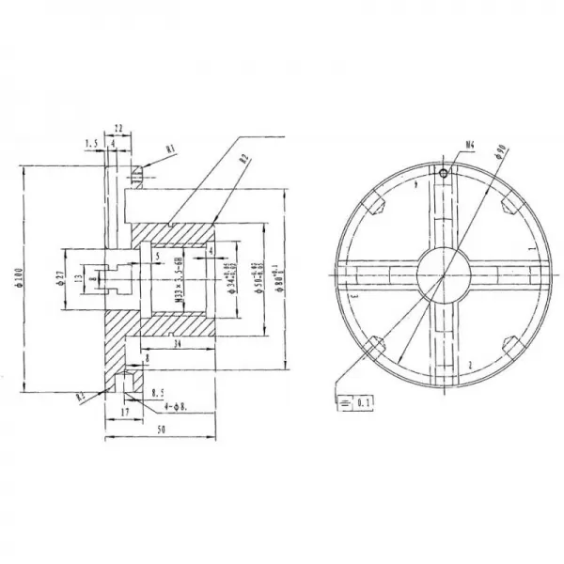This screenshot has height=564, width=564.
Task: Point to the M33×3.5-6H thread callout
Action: (178, 278)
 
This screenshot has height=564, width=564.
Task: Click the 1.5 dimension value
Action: (91, 144)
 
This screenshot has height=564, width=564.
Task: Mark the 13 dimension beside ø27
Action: (79, 278)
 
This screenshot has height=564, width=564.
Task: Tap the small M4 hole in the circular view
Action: (441, 172)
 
